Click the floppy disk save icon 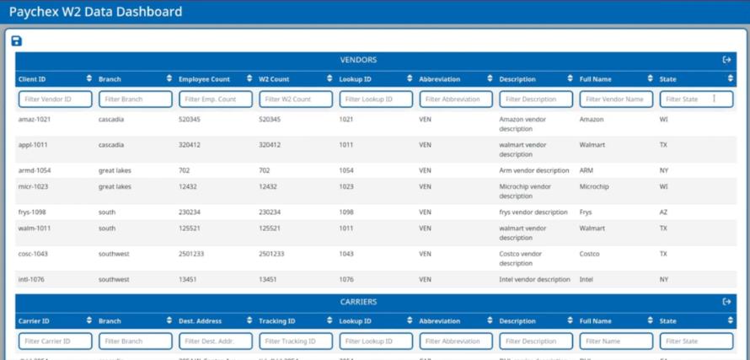point(16,41)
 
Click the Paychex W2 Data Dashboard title point(95,12)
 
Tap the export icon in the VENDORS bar point(726,60)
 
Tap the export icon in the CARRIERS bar point(726,302)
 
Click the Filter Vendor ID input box point(56,99)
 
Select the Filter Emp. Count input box point(216,99)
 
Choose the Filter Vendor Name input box point(616,99)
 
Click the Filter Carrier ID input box point(56,341)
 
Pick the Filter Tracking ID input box point(296,341)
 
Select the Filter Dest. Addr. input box point(216,341)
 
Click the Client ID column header point(33,79)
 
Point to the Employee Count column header point(204,79)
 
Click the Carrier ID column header point(35,321)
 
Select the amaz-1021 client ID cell point(35,120)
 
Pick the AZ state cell point(664,212)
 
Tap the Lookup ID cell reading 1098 point(346,212)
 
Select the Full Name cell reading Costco point(590,254)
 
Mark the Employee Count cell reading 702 point(185,170)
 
